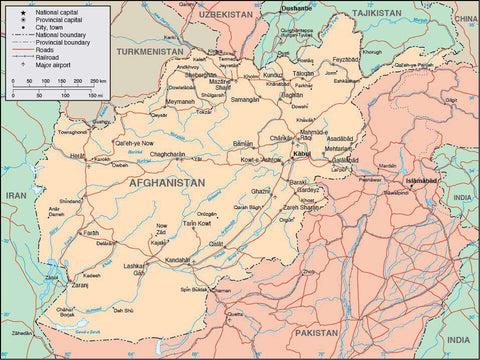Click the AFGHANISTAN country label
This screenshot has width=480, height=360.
167,183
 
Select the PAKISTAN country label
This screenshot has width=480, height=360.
317,332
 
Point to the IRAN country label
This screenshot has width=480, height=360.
16,196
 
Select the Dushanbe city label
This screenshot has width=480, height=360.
296,7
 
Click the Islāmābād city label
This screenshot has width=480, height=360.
422,180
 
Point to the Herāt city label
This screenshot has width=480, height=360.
76,156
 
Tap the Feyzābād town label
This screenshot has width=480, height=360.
346,59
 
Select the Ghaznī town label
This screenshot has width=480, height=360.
261,190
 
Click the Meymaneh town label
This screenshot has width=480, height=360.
180,101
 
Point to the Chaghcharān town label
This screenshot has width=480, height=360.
167,154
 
